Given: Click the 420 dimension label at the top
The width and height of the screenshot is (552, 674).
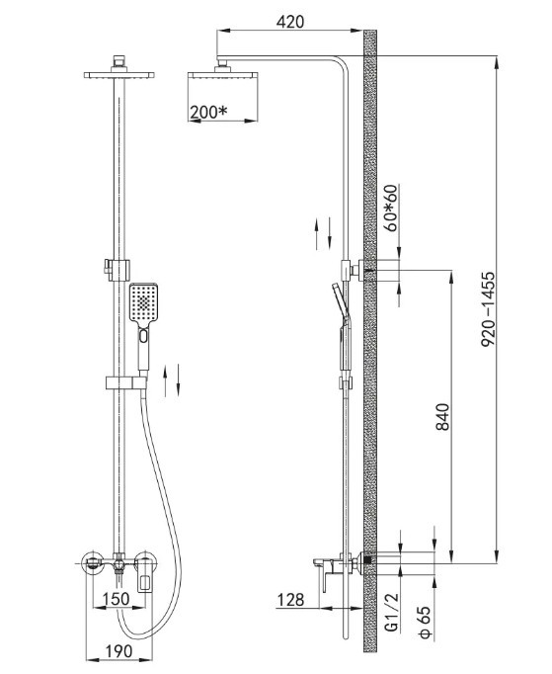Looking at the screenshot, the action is (290, 22).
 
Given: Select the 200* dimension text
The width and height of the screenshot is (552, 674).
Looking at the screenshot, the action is (208, 112).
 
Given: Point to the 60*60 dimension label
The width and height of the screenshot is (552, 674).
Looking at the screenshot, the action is (391, 209).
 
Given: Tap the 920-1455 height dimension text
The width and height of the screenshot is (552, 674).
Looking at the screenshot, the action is (488, 308).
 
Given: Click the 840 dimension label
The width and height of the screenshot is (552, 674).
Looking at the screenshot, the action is (442, 416).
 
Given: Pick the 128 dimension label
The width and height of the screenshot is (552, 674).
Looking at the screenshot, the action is (291, 600).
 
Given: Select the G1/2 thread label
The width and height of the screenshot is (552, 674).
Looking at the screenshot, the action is (392, 612).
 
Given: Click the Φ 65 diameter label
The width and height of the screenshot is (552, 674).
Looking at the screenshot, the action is (425, 622).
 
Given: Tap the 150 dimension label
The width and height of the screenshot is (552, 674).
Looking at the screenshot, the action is (117, 599).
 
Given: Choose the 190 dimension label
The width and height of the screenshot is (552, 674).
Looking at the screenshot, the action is (118, 651).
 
